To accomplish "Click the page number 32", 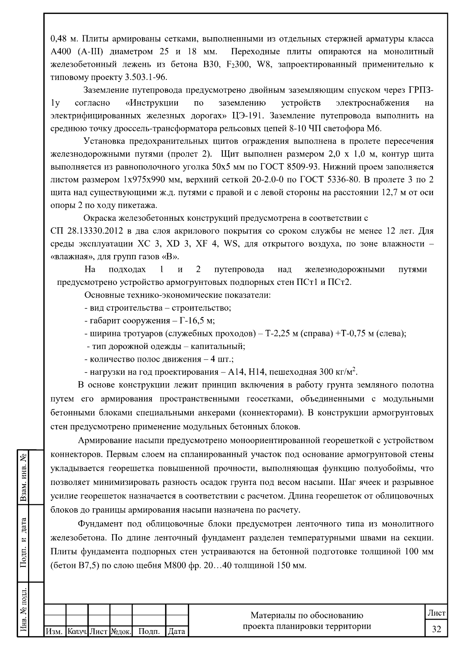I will pos(436,629).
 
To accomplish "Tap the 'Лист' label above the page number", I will pos(436,613).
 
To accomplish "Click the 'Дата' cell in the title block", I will pos(177,631).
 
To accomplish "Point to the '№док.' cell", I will pos(121,631).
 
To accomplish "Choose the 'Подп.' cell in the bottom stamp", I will pos(149,631).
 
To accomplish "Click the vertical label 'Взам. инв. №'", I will pos(24,475).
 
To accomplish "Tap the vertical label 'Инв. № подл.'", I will pos(24,609).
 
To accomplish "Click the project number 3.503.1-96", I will pos(146,77).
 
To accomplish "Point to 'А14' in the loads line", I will pos(236,372).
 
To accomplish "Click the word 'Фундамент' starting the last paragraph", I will pos(100,524).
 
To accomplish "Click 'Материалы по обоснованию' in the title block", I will pos(307,616).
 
